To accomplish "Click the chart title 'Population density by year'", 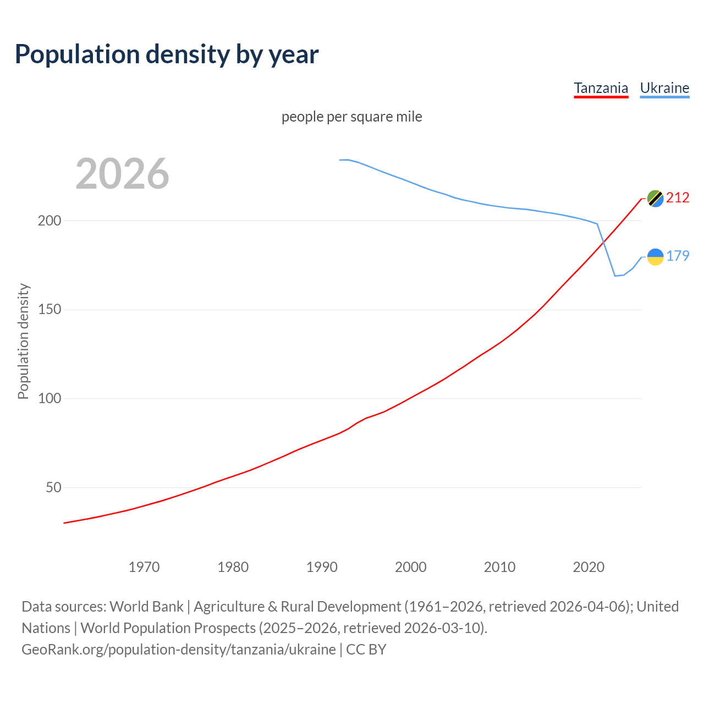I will coord(167,54).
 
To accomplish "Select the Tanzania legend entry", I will coord(601,88).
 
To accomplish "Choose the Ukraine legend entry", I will coord(664,88).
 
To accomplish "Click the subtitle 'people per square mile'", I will coord(351,117).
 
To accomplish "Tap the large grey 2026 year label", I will coord(122,174).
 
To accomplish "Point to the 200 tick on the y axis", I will coord(50,221).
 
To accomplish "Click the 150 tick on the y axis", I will coord(50,310).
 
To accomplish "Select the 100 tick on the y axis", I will coord(50,399).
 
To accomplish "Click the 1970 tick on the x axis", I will coord(144,567).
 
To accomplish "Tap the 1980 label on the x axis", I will coord(233,567).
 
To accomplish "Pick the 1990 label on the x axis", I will coord(322,567).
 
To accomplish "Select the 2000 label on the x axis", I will coord(411,567).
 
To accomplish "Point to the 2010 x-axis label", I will coord(499,567).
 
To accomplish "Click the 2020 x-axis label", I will coord(588,567).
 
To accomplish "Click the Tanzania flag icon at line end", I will coord(655,199).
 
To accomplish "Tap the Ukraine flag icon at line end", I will coord(655,256).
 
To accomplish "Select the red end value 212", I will coord(678,198).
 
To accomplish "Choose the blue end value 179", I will coord(678,256).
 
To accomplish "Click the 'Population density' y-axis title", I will coord(23,341).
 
